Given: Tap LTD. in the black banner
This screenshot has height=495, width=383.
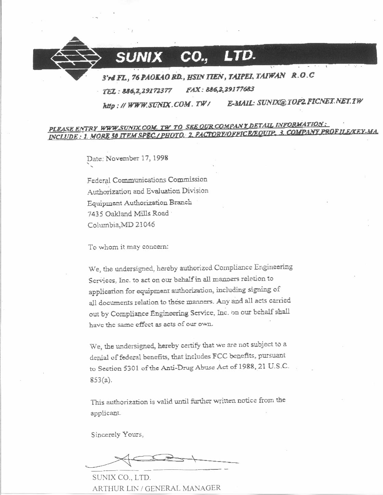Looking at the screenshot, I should click(239, 56).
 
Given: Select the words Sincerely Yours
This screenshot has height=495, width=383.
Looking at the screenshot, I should click(117, 435).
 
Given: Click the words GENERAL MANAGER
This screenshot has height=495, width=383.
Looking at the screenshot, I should click(183, 488).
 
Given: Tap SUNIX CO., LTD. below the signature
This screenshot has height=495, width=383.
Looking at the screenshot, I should click(121, 477).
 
